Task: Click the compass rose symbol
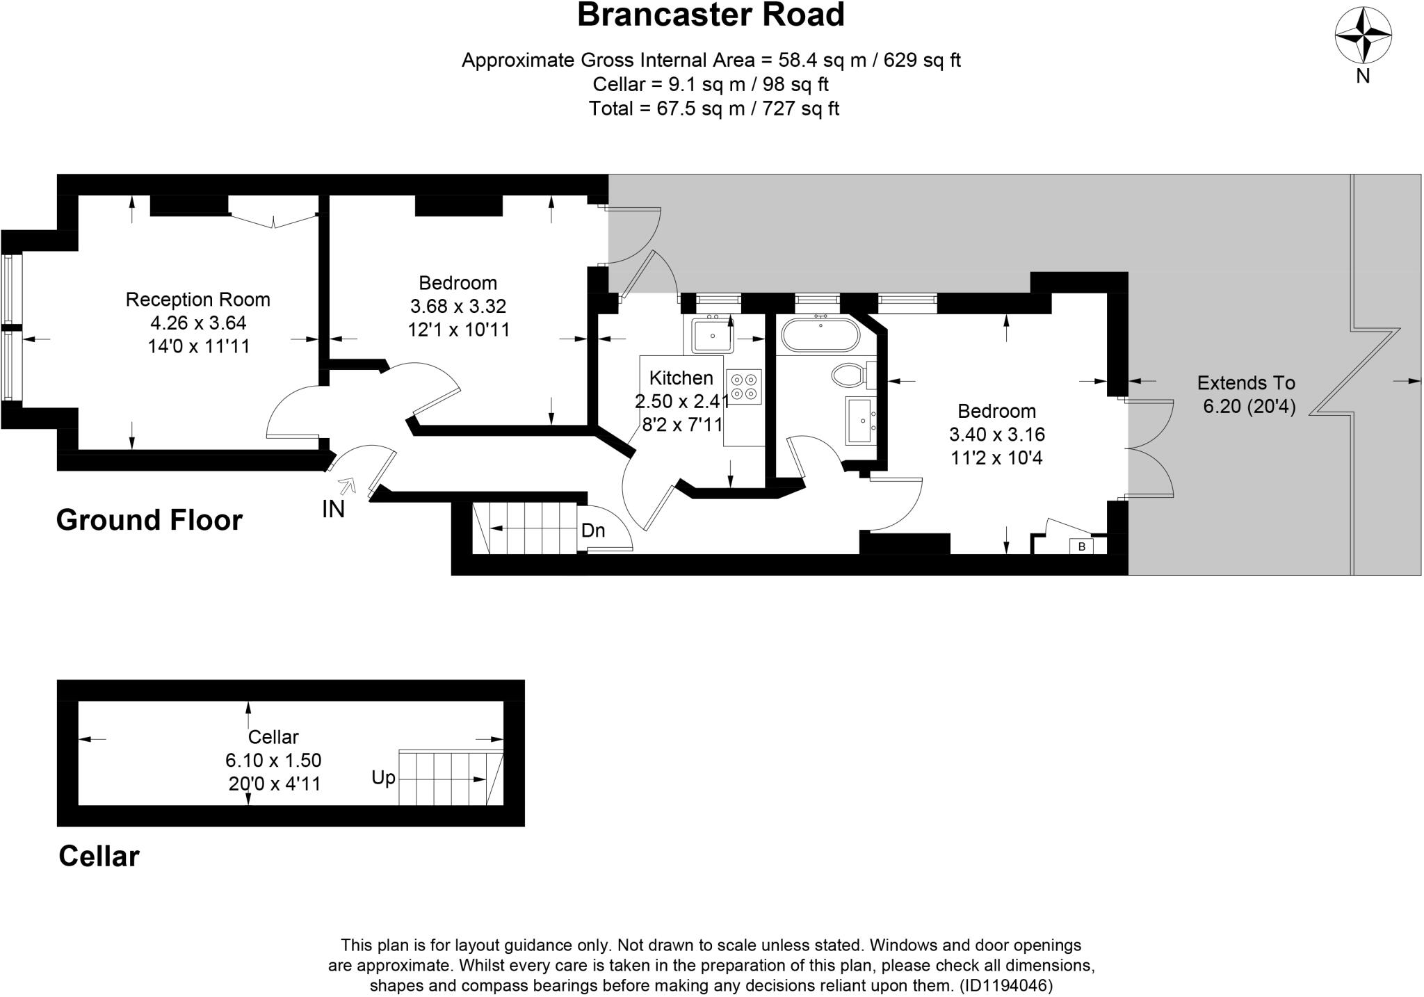point(1363,35)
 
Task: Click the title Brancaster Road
point(711,15)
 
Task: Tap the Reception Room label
point(197,300)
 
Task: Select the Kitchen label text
point(681,378)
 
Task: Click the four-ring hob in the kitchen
point(744,387)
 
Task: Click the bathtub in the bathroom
point(820,335)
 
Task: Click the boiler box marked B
point(1081,546)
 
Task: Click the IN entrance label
point(333,510)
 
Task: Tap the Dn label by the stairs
point(593,530)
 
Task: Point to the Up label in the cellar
point(383,777)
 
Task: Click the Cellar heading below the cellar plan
point(99,856)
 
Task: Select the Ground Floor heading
point(149,520)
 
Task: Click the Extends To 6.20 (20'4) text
point(1246,394)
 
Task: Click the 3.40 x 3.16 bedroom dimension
point(996,435)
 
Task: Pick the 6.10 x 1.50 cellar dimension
point(273,761)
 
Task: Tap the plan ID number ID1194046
point(1006,985)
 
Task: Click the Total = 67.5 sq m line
point(713,108)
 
